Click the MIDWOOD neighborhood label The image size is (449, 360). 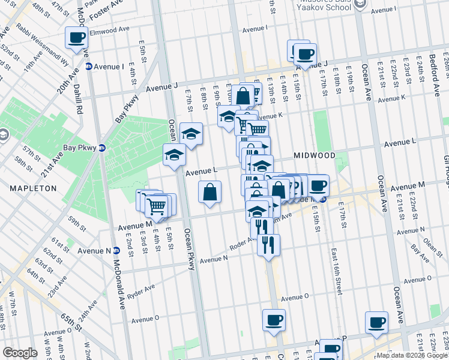pyautogui.click(x=315, y=155)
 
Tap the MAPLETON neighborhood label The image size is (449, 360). pyautogui.click(x=33, y=188)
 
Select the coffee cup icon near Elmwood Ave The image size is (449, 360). pyautogui.click(x=77, y=38)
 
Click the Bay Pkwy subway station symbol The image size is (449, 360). pyautogui.click(x=102, y=148)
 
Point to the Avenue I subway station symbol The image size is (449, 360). pyautogui.click(x=88, y=66)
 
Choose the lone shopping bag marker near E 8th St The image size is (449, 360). pyautogui.click(x=210, y=193)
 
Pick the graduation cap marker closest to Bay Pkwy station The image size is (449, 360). pyautogui.click(x=174, y=155)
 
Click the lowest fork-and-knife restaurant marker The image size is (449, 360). pyautogui.click(x=268, y=245)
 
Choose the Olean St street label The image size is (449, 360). pyautogui.click(x=432, y=244)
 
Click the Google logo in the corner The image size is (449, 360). pyautogui.click(x=20, y=353)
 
